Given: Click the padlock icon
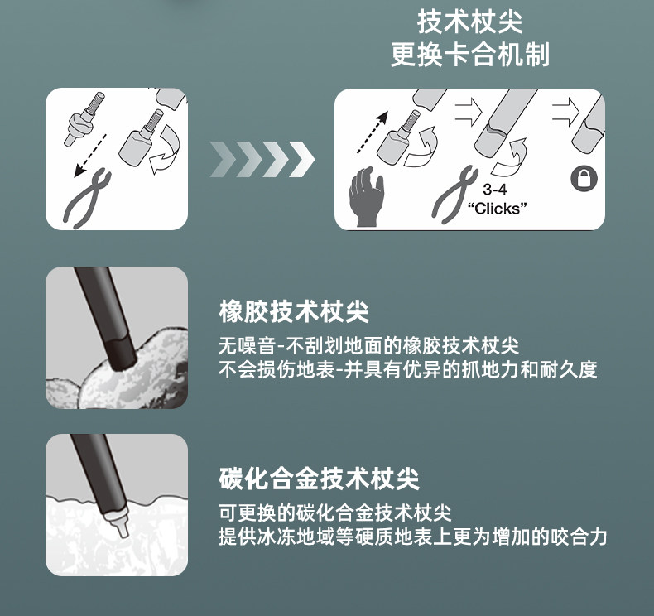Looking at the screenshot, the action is tap(584, 179).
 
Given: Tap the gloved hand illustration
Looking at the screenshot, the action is tap(366, 197).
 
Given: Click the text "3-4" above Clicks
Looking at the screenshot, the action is tap(495, 190).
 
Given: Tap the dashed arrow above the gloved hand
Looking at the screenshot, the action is tap(373, 132).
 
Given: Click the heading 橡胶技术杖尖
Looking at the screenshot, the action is tap(294, 311).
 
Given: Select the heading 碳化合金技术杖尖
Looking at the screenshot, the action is tap(319, 479).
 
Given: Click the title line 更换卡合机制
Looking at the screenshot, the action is tap(470, 54).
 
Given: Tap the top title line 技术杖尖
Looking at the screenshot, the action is tap(470, 22).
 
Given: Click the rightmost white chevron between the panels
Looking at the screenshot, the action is tap(302, 159).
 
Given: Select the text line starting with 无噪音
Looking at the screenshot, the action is tap(368, 346).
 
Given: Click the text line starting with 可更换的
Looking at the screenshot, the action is tap(335, 513).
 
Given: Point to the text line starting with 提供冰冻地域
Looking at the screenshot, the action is tap(413, 537).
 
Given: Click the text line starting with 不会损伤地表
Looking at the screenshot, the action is tap(408, 369).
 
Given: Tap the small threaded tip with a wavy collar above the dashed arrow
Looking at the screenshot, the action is tap(84, 118).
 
